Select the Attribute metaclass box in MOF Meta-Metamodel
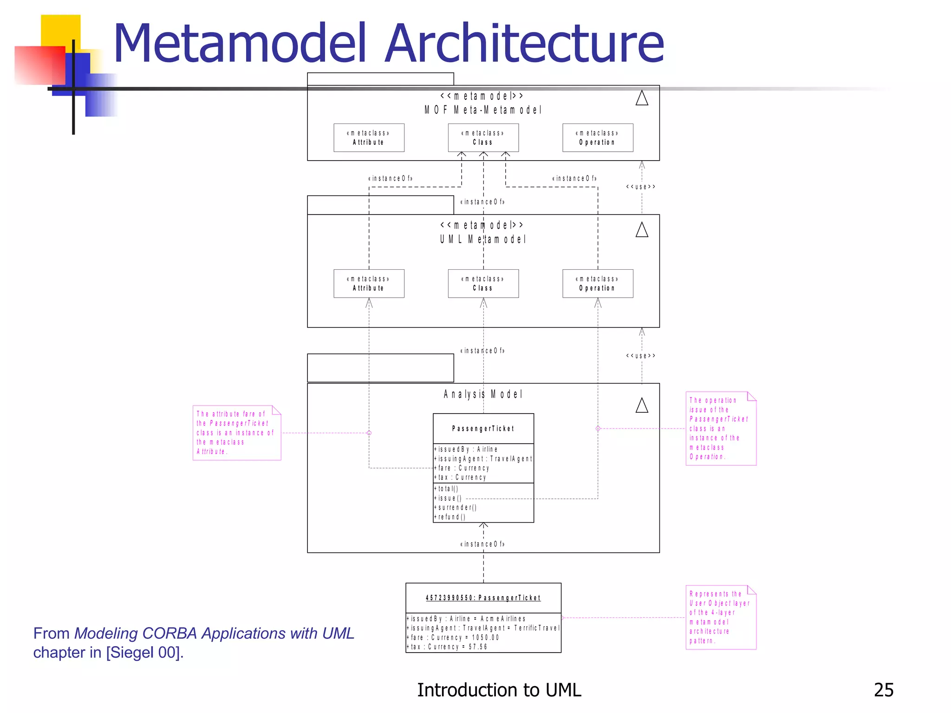coord(369,138)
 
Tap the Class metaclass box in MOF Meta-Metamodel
coord(483,138)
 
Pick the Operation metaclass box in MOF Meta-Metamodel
coord(598,138)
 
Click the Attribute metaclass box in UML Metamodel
coord(369,284)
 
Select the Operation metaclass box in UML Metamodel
coord(598,284)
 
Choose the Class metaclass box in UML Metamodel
coord(483,284)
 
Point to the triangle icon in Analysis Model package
coord(642,406)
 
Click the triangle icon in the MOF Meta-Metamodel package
coord(642,98)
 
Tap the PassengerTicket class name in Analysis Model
coord(483,428)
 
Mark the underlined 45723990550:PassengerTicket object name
coord(483,598)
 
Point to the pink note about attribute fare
coord(236,433)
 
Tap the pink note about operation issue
coord(720,428)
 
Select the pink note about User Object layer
coord(720,617)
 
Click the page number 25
coord(883,690)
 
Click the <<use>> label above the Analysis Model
coord(641,356)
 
